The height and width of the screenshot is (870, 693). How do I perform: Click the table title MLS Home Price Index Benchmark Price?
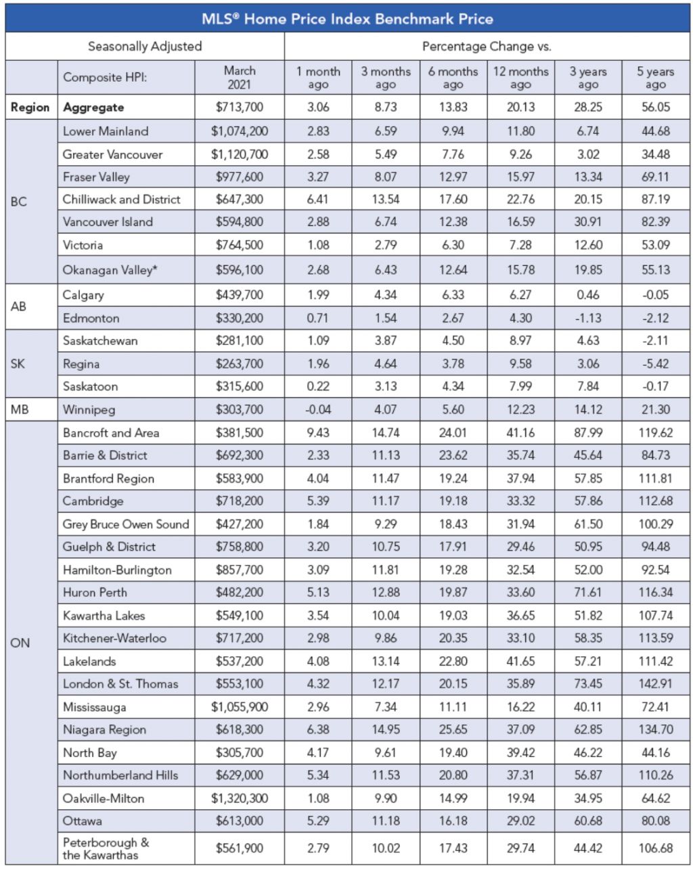pyautogui.click(x=347, y=18)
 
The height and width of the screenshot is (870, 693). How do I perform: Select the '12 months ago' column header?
pyautogui.click(x=520, y=78)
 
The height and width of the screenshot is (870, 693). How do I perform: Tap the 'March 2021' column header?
pyautogui.click(x=240, y=77)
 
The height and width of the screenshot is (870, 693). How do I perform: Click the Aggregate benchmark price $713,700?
pyautogui.click(x=239, y=107)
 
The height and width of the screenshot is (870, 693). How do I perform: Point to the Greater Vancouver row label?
pyautogui.click(x=112, y=154)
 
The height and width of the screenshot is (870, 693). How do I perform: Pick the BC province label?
pyautogui.click(x=18, y=202)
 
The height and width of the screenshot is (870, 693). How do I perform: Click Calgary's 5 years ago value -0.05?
pyautogui.click(x=655, y=295)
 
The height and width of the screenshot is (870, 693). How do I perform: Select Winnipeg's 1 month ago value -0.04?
pyautogui.click(x=318, y=409)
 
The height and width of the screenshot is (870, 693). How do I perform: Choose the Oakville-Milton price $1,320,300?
pyautogui.click(x=239, y=798)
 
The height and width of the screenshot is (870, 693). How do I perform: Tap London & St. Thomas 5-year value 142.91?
pyautogui.click(x=655, y=684)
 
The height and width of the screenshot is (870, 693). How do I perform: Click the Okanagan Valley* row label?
pyautogui.click(x=110, y=270)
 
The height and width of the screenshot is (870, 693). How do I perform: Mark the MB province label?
pyautogui.click(x=20, y=409)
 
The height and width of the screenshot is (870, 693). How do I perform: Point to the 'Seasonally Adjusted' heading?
pyautogui.click(x=145, y=47)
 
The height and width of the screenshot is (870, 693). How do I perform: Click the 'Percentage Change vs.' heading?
pyautogui.click(x=487, y=47)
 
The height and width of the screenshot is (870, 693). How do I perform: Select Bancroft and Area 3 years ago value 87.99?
pyautogui.click(x=588, y=432)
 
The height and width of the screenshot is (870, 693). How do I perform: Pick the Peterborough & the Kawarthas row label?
pyautogui.click(x=106, y=848)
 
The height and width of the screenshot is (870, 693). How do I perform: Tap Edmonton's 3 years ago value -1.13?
pyautogui.click(x=588, y=318)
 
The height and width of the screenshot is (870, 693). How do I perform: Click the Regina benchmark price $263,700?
pyautogui.click(x=239, y=364)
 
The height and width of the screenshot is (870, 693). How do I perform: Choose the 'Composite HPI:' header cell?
pyautogui.click(x=105, y=77)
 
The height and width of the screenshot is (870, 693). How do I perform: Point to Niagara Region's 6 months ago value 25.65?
pyautogui.click(x=453, y=729)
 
